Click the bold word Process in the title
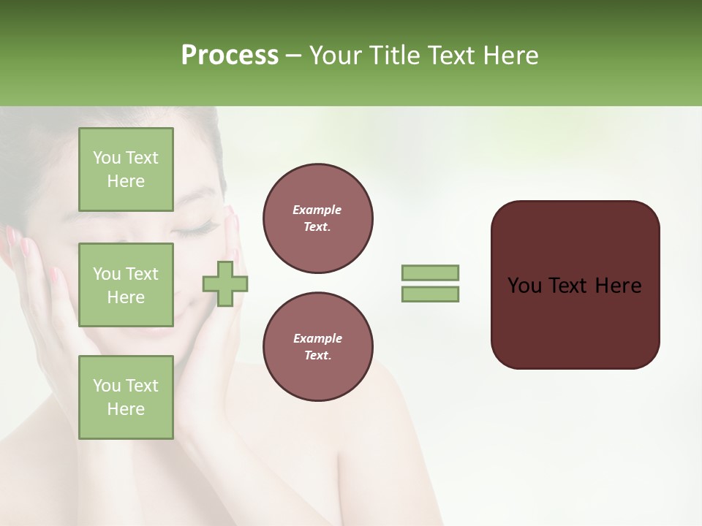[230, 56]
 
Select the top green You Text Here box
[126, 169]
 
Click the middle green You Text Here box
[126, 285]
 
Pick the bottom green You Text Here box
[126, 397]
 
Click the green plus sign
[225, 284]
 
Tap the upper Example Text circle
[317, 218]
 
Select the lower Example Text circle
[317, 347]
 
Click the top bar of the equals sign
[430, 273]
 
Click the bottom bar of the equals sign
[430, 294]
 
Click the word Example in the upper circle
[317, 210]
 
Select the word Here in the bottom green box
[126, 409]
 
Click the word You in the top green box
[107, 158]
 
